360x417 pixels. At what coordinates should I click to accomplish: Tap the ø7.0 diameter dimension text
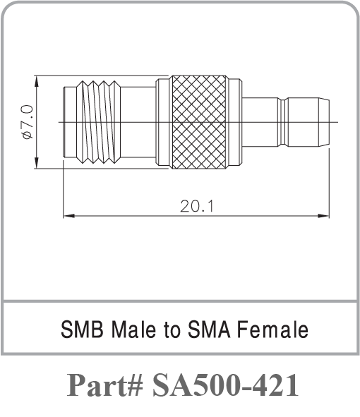(27, 121)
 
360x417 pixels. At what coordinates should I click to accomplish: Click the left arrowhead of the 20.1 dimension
(67, 214)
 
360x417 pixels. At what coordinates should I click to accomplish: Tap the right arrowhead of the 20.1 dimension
(327, 214)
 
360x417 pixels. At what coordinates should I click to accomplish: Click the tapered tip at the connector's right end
(323, 122)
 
